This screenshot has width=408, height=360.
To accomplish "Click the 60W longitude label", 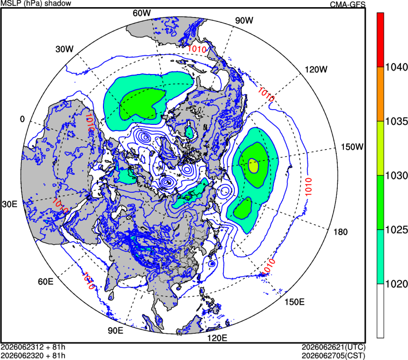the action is pos(141,13).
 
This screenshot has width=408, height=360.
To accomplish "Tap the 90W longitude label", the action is pos(244,20).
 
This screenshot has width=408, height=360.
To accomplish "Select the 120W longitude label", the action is pos(316,69).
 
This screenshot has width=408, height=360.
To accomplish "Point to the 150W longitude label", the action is pos(352,147).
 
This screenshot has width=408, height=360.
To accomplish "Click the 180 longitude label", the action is pos(341,232).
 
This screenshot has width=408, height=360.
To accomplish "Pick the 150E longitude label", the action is pos(294,302).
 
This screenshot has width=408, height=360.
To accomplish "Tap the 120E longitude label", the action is pos(217,338).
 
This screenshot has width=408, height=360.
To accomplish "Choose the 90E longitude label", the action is pos(116,331).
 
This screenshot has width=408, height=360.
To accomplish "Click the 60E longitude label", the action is pos(46,282).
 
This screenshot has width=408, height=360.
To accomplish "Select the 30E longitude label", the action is pos(10,204).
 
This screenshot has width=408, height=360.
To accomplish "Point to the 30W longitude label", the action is pos(65,49).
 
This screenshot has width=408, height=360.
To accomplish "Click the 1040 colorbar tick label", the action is pos(396,67).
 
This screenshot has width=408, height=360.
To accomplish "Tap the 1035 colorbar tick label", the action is pos(396,122).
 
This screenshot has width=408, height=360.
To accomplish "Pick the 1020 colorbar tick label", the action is pos(396,284).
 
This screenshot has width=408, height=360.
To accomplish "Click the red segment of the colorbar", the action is pos(380,40).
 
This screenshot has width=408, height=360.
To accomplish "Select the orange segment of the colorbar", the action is pos(380,94).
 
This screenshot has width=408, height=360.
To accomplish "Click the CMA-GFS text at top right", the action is pos(348,4).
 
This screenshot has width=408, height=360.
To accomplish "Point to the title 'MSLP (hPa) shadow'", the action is pos(36,3).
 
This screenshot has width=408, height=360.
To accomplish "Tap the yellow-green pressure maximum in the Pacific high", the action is pos(253,166).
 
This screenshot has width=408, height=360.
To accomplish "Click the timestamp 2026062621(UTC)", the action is pos(334,347).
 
